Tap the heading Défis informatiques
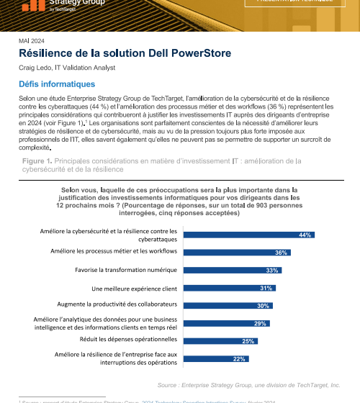point(51,84)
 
